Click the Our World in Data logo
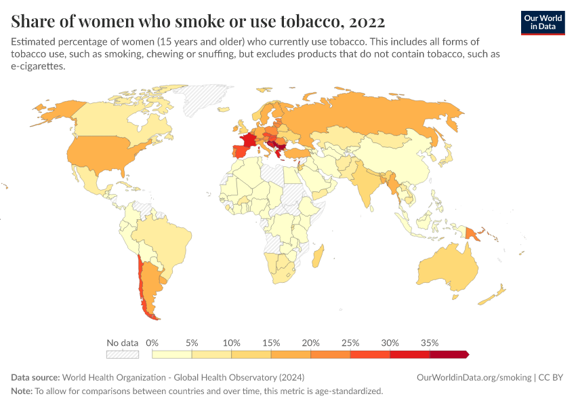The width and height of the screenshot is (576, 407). [542, 22]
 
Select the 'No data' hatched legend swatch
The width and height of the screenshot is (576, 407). [123, 354]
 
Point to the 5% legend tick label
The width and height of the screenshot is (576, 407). [192, 343]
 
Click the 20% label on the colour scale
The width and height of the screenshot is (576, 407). [310, 343]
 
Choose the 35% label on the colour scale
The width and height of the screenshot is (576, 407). [430, 343]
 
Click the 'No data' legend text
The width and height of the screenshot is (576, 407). [123, 343]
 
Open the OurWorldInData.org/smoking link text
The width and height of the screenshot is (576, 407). [474, 377]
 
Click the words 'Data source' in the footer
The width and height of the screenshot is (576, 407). [35, 377]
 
